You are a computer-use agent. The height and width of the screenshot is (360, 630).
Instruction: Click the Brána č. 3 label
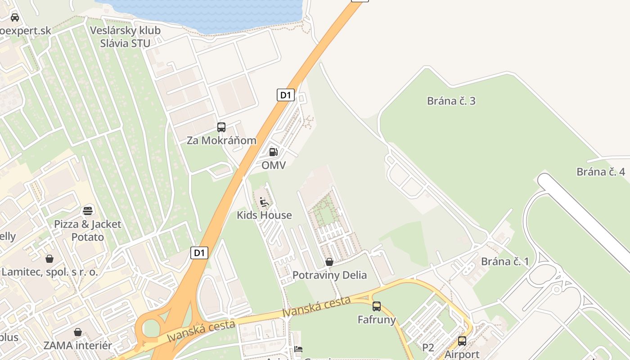pos(451,101)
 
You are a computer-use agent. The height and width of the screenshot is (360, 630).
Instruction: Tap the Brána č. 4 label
pos(601,172)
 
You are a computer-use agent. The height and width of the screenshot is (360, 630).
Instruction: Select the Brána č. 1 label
pos(505,261)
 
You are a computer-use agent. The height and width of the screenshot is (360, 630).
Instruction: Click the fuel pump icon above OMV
pos(273,152)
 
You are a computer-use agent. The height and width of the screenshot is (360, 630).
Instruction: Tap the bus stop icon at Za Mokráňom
pos(221,127)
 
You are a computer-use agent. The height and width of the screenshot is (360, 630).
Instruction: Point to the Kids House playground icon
pos(264,202)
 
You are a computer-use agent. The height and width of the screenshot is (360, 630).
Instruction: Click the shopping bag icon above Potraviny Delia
pos(329,262)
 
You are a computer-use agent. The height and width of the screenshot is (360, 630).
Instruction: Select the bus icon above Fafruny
pos(377,306)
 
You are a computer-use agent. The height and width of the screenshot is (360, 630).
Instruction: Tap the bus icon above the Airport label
pos(462,341)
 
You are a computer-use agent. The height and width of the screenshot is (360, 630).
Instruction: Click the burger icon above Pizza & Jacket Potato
pos(88,211)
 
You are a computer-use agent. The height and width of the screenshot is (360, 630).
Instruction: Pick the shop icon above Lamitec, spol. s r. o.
pos(49,259)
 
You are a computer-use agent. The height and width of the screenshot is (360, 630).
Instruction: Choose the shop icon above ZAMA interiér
pos(78,332)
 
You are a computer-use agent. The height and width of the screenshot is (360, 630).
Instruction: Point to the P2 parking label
pos(428,347)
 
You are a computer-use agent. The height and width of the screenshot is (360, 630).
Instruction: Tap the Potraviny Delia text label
pos(329,275)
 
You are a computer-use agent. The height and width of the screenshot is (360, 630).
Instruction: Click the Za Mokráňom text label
pos(221,140)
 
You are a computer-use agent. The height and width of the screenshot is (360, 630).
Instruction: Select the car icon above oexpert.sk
pos(15,18)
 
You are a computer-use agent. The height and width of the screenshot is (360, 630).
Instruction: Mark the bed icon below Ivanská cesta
pos(298,349)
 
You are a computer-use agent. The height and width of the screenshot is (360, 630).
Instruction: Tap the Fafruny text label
pos(377,320)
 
